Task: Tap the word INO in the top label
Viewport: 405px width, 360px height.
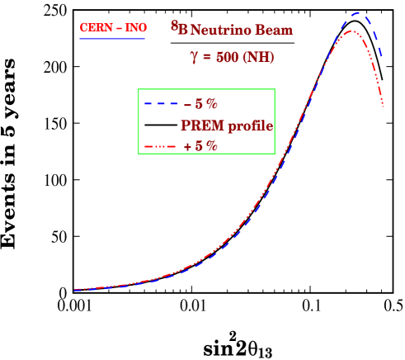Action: coord(134,27)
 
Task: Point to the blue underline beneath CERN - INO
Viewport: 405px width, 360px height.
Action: coord(112,38)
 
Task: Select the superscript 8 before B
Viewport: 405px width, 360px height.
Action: coord(174,25)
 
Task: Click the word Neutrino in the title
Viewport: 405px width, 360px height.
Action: coord(219,31)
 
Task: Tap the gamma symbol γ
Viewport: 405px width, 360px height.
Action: coord(194,59)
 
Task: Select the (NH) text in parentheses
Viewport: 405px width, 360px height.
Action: coord(259,57)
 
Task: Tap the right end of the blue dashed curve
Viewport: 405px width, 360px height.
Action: coord(382,58)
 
